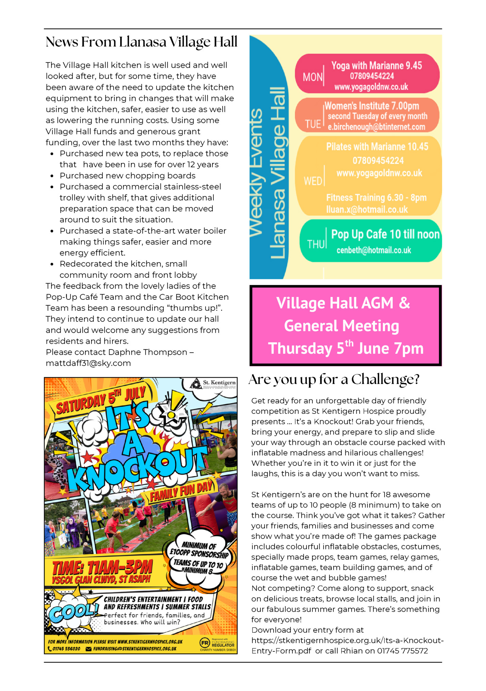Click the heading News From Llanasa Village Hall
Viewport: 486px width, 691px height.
click(141, 42)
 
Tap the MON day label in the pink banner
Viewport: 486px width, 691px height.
click(312, 77)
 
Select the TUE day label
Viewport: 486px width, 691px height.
click(313, 124)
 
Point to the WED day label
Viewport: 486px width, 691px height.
click(313, 181)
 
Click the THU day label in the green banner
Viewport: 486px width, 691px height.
click(316, 244)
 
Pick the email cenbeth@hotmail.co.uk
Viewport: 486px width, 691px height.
click(374, 250)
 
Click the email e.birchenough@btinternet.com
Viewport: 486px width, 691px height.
click(376, 127)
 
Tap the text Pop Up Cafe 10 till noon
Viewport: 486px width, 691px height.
click(385, 234)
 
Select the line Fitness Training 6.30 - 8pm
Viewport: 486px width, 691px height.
click(376, 198)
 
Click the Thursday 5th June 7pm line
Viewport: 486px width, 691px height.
click(346, 348)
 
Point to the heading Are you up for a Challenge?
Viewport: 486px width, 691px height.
click(334, 380)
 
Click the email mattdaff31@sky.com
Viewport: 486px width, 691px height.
click(88, 363)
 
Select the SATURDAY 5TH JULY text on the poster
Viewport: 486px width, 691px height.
click(101, 401)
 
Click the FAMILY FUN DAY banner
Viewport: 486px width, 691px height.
click(181, 491)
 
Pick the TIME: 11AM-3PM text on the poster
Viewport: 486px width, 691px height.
click(102, 568)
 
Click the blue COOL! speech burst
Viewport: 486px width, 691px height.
click(72, 612)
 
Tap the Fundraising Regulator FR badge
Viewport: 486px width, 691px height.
click(205, 643)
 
